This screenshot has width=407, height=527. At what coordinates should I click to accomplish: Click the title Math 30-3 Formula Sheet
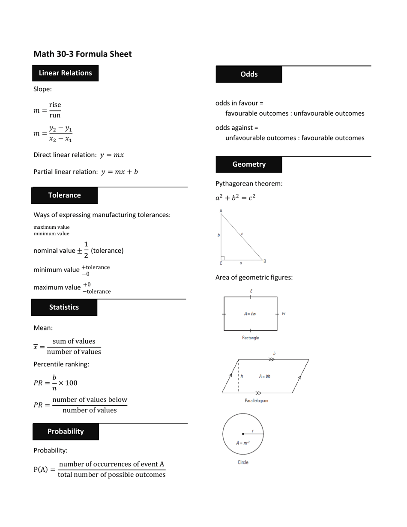point(83,54)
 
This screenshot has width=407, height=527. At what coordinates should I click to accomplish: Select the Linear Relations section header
point(65,73)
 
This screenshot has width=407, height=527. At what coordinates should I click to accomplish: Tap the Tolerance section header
point(64,195)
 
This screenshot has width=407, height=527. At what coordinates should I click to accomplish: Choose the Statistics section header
point(64,307)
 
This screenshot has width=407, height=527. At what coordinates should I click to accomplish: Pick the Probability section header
point(66,431)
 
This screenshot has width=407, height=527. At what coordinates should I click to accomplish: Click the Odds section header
point(249,74)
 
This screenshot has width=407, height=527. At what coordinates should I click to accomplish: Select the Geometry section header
point(249,165)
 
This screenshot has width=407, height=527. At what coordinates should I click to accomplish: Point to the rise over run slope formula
point(48,110)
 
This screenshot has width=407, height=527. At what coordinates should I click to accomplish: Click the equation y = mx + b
point(120,172)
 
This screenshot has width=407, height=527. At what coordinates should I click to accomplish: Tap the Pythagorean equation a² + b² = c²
point(235,198)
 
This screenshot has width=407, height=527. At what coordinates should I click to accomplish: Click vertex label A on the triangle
point(221,210)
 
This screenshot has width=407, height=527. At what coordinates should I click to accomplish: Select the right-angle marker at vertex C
point(223,258)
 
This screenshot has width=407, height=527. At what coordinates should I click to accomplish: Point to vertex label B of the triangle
point(265,261)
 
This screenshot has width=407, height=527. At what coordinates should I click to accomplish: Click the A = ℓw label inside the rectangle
point(250,314)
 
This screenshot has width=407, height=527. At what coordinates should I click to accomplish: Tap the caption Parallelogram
point(256,401)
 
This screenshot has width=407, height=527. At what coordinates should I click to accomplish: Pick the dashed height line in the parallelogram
point(239,376)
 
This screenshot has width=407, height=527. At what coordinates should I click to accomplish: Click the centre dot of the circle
point(243,434)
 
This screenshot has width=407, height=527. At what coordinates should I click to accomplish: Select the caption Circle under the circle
point(243,462)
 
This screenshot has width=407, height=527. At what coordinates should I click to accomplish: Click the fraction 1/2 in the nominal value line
point(86,250)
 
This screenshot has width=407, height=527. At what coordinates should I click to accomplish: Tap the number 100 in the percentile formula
point(71,383)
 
